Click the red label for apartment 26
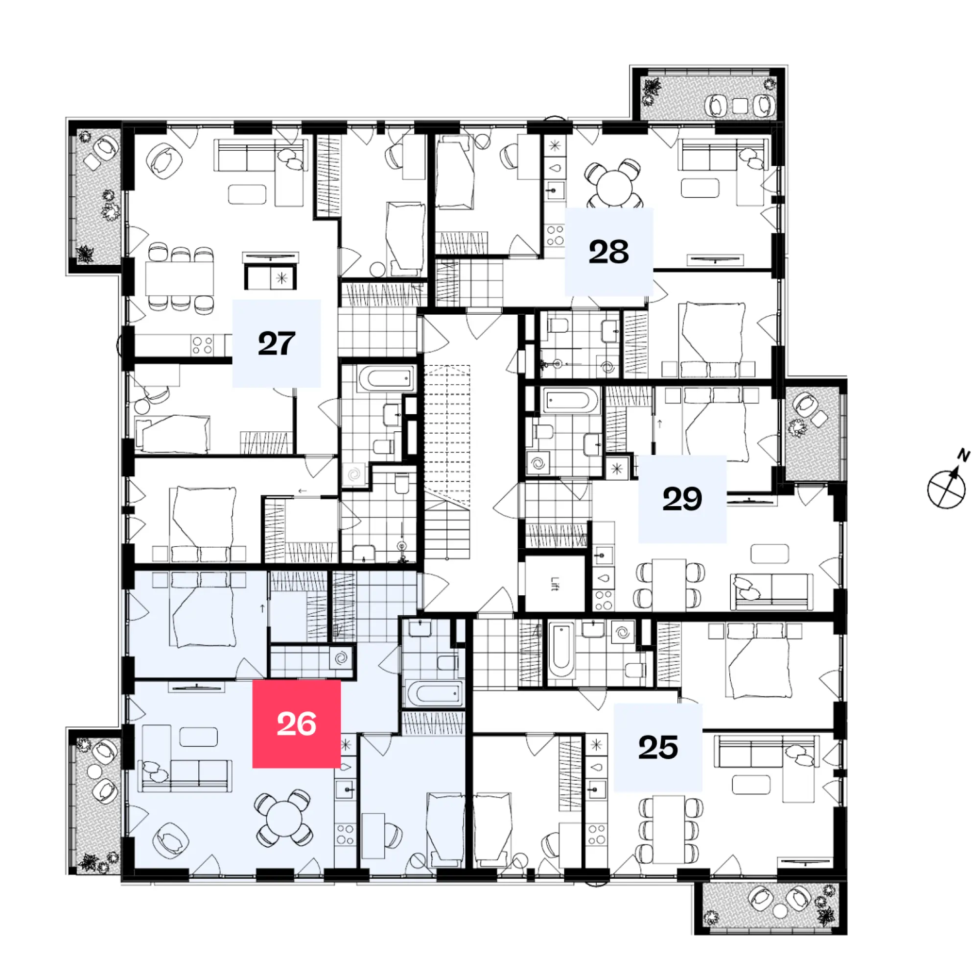pyautogui.click(x=297, y=723)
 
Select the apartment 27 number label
pyautogui.click(x=276, y=344)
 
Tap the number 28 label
pyautogui.click(x=608, y=252)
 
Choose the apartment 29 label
pyautogui.click(x=682, y=499)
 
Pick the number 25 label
pyautogui.click(x=658, y=747)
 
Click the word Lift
pyautogui.click(x=555, y=584)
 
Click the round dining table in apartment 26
pyautogui.click(x=284, y=819)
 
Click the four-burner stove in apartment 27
pyautogui.click(x=202, y=345)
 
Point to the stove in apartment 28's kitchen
pyautogui.click(x=555, y=235)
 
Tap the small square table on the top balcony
pyautogui.click(x=740, y=105)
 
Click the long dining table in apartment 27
pyautogui.click(x=179, y=278)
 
